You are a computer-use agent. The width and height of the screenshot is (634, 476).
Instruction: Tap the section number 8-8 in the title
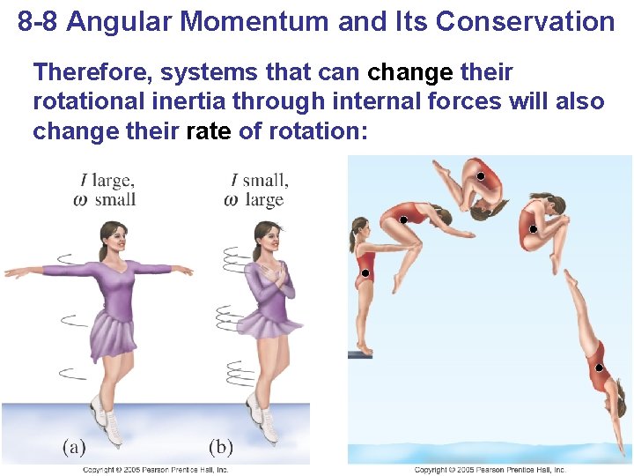point(39,21)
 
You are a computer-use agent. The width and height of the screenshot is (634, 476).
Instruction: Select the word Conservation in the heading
point(525,21)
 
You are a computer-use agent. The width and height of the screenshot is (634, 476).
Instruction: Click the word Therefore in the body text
point(86,72)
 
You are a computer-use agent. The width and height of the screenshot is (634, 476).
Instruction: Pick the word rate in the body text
point(210,131)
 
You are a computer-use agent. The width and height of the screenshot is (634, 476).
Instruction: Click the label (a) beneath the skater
point(73,447)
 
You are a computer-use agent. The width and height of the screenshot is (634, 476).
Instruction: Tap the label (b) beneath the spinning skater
point(220,447)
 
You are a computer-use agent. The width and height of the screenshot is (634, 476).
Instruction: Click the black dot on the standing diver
point(365,273)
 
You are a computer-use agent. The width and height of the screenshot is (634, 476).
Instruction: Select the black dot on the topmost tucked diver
point(481,177)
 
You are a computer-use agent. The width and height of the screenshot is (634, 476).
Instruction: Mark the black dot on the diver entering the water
point(599,368)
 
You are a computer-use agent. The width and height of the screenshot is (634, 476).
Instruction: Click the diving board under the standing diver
point(359,354)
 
